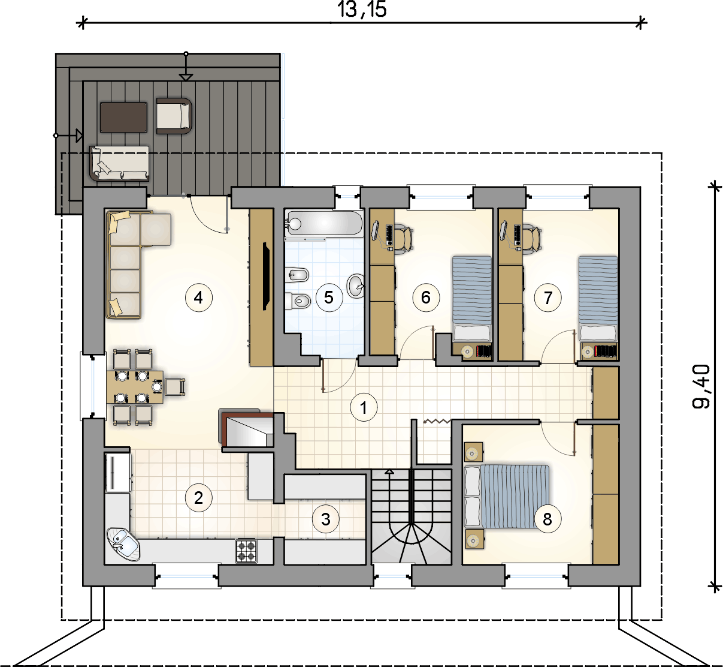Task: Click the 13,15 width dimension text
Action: pos(362,10)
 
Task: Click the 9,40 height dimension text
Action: pos(701,386)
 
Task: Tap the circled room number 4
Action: pos(199,298)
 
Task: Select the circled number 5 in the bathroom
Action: pos(329,298)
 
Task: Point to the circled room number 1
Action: pos(364,407)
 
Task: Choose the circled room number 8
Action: pos(547,519)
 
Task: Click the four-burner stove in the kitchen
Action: pos(247,550)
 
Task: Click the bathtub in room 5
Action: pos(323,224)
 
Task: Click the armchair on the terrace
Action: pos(174,116)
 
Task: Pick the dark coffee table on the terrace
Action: pos(123,118)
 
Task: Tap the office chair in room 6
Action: pos(404,238)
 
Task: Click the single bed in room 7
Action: pos(598,299)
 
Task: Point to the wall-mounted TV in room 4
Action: pos(266,277)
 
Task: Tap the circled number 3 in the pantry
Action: pos(325,519)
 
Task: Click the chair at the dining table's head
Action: pos(175,386)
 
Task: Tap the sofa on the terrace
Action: pos(119,163)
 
